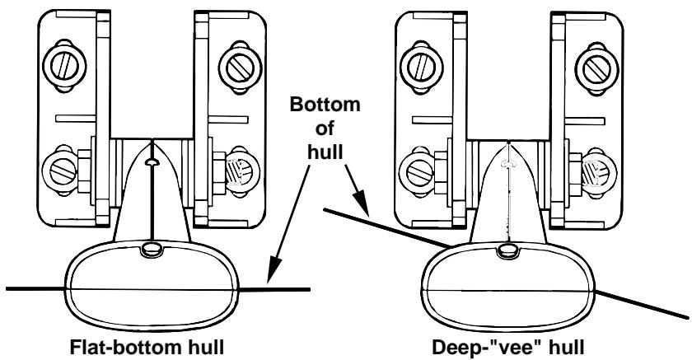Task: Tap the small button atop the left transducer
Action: tap(152, 248)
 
